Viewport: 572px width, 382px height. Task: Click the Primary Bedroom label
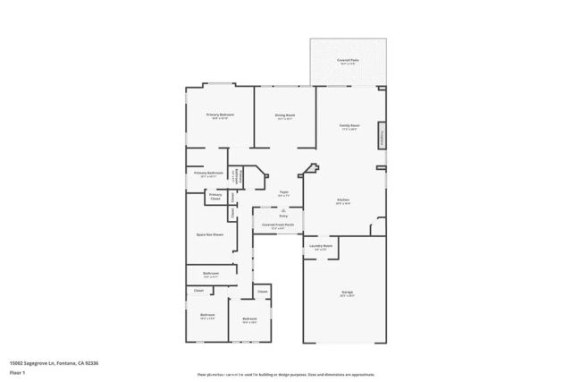(x=219, y=115)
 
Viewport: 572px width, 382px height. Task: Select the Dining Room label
(x=285, y=115)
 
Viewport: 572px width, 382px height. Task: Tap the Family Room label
(x=349, y=125)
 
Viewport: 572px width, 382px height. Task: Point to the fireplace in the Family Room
(x=383, y=134)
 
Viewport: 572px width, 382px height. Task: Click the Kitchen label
(x=343, y=199)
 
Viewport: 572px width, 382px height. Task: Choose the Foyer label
(x=283, y=191)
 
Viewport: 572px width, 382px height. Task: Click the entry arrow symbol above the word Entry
(x=283, y=209)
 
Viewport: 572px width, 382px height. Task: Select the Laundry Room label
(x=321, y=245)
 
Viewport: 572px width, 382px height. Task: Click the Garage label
(x=347, y=292)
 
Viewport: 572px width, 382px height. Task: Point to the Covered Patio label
(x=348, y=60)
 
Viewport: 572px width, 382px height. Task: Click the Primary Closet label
(x=215, y=195)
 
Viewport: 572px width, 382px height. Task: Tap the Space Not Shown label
(x=210, y=234)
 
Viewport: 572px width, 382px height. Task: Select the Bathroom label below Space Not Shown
(x=211, y=273)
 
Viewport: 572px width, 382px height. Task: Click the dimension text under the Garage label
(x=347, y=296)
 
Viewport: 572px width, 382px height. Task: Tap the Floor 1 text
(x=17, y=371)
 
